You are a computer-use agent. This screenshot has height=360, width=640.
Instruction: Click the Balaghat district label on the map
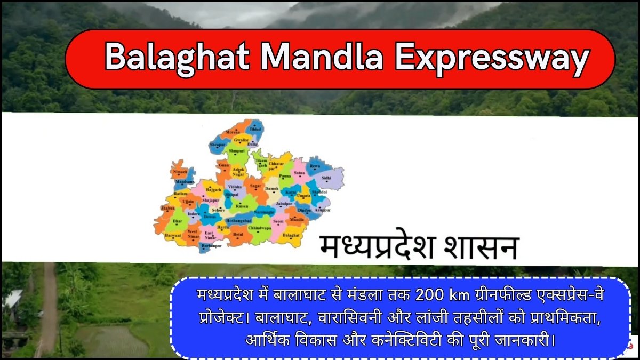click(291, 235)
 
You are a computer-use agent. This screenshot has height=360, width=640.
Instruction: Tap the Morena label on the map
click(233, 132)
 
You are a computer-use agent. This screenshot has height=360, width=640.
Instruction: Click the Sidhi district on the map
click(326, 178)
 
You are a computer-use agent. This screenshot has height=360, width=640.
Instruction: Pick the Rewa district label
click(315, 166)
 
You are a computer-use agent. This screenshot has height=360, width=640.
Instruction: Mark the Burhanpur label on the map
click(212, 246)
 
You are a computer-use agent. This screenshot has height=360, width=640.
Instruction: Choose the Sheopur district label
click(218, 145)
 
